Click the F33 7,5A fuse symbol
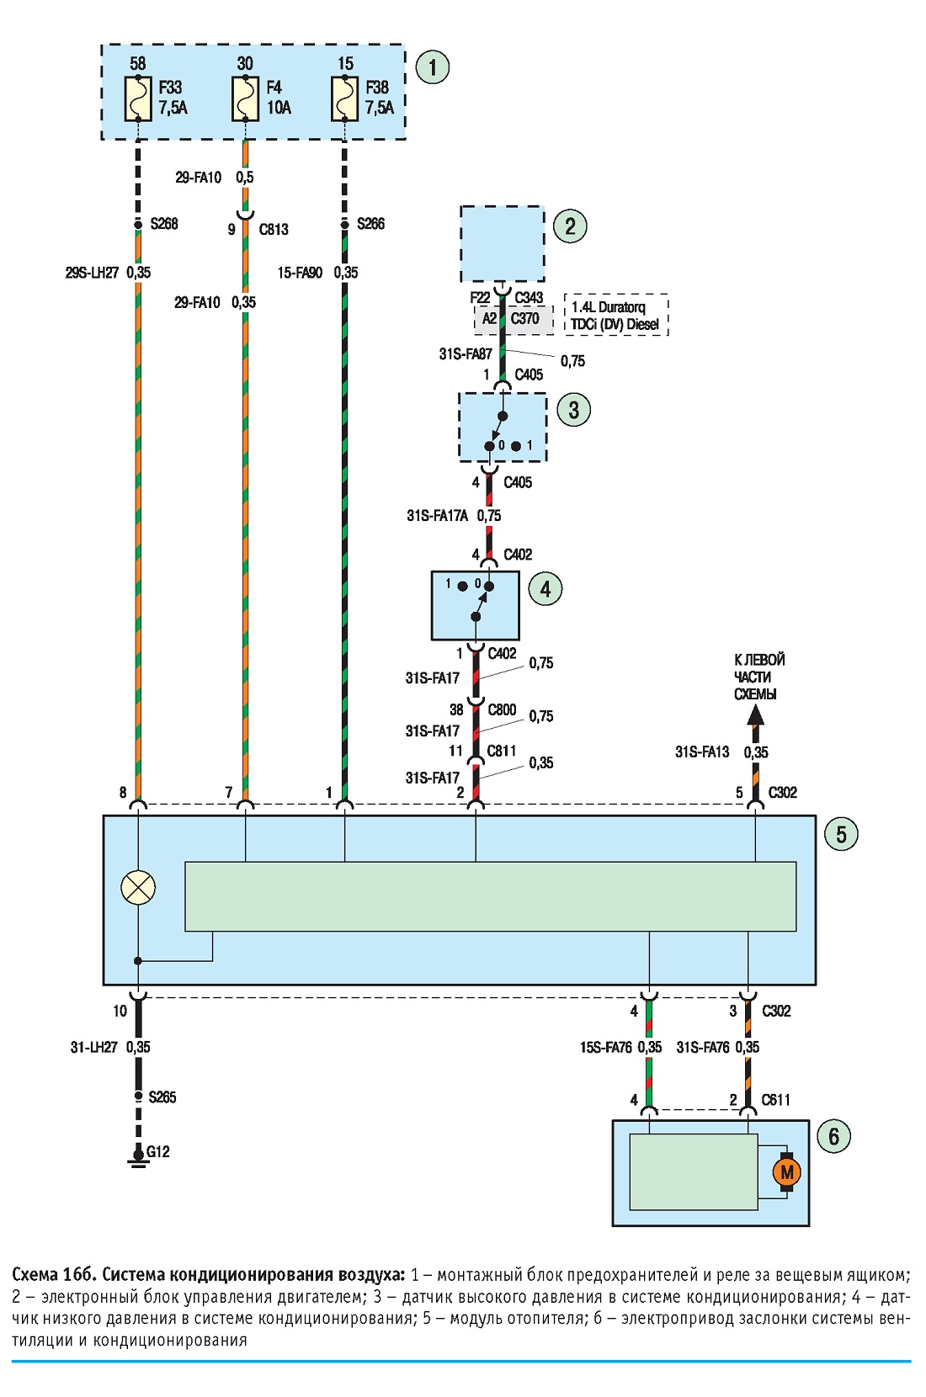[138, 98]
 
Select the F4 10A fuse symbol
[245, 98]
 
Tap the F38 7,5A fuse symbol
[344, 98]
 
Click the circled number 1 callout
[433, 66]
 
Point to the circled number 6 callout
[833, 1136]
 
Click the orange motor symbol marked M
[787, 1172]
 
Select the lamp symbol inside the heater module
[138, 887]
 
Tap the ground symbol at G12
[138, 1157]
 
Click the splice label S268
[164, 224]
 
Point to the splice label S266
[370, 224]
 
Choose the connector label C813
[274, 230]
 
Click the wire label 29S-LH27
[92, 273]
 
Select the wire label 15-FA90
[301, 273]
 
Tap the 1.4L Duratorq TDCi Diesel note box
[616, 315]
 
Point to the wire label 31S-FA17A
[437, 516]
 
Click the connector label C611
[775, 1100]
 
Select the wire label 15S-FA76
[606, 1048]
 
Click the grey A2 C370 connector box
[514, 319]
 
